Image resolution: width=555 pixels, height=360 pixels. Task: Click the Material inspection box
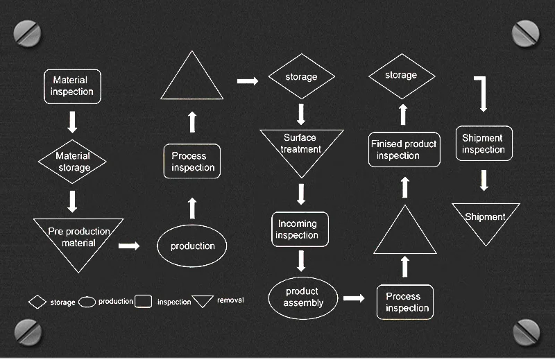point(72,86)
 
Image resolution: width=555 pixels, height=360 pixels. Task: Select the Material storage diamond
point(73,162)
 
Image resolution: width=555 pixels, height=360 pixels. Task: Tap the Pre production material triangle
point(78,239)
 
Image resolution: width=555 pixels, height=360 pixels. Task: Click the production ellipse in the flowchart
point(192,246)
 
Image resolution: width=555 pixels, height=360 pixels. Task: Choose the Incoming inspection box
point(299,230)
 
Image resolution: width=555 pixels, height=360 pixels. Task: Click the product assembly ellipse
point(302,298)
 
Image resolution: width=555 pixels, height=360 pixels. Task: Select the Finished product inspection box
point(404,150)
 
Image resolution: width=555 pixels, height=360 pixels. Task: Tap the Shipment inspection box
point(484,144)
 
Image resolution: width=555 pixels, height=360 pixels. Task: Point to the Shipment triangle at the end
point(486,221)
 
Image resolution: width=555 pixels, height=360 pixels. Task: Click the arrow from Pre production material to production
point(129,246)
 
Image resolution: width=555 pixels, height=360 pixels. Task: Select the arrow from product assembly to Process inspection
point(354,298)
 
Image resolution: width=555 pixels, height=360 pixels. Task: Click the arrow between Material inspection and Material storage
point(72,122)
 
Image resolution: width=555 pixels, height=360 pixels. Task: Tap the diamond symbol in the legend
point(37,302)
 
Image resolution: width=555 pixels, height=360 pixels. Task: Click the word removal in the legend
point(230,300)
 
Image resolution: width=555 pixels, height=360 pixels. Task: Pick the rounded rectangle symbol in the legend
point(144,301)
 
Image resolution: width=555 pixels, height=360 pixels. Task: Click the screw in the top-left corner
point(28,32)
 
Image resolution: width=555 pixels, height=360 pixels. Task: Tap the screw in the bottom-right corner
point(526,332)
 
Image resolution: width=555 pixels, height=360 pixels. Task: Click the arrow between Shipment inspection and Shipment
point(484,180)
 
